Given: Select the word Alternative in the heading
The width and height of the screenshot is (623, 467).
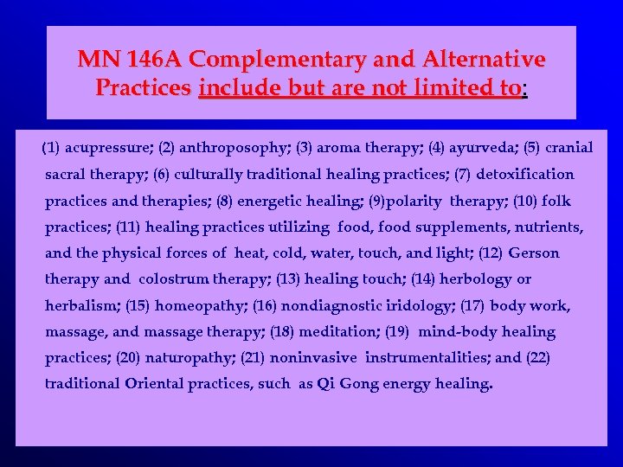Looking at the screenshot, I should (x=484, y=60).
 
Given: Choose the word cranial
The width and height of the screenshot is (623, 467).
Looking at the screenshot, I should (x=567, y=148).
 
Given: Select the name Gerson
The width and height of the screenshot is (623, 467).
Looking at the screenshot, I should (x=534, y=253).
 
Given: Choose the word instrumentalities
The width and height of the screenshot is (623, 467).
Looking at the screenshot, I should (x=427, y=358).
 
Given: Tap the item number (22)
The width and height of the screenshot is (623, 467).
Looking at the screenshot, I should (x=537, y=358).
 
